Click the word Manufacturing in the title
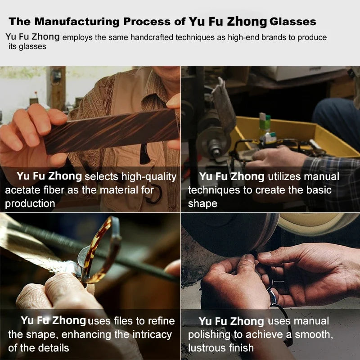(x=77, y=22)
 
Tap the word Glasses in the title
(x=293, y=22)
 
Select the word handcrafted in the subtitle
(x=152, y=37)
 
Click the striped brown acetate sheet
(x=111, y=131)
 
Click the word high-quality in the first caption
(x=149, y=177)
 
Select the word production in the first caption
(x=30, y=204)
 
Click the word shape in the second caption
(x=202, y=204)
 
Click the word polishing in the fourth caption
(x=209, y=335)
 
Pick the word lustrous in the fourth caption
(x=206, y=348)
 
